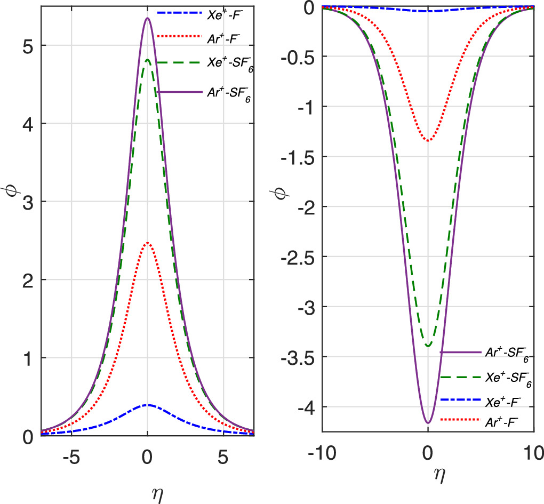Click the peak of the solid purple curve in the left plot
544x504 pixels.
[x=147, y=19]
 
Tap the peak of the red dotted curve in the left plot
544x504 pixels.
[x=147, y=243]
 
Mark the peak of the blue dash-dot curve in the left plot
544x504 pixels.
[x=147, y=405]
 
